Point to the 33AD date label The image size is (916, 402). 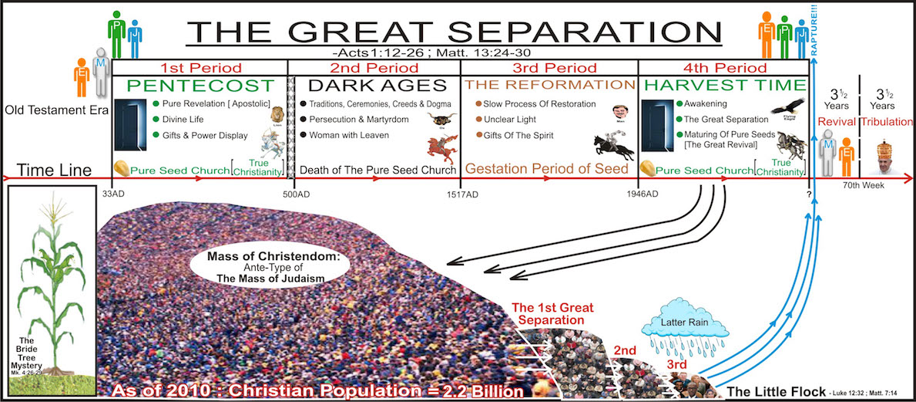click(112, 194)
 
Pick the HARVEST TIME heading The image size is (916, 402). click(724, 86)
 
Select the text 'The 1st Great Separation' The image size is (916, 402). click(550, 312)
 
